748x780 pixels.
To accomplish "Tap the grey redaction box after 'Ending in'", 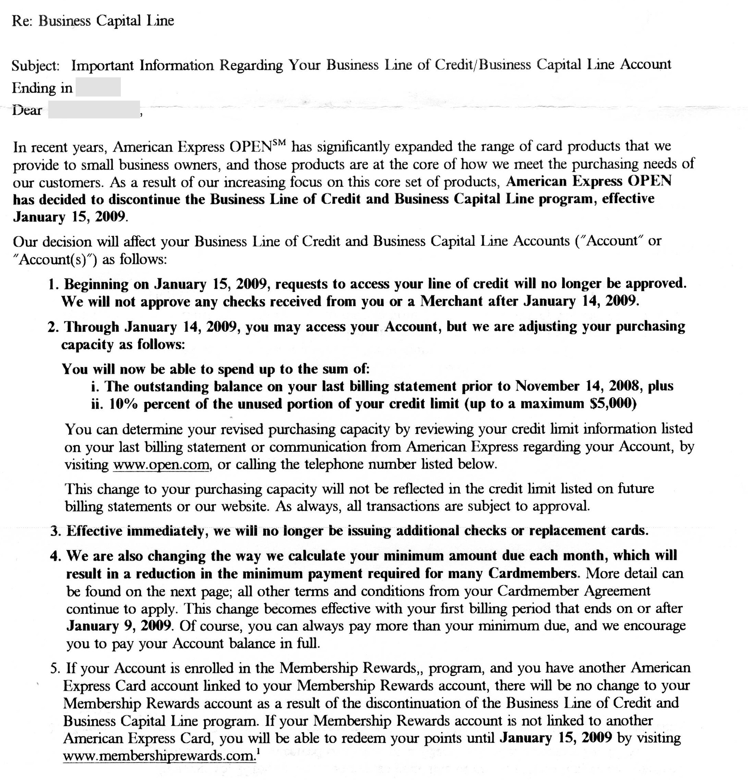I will point(98,87).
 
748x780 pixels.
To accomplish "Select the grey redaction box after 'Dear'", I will point(94,110).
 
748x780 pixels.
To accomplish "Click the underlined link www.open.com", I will point(161,465).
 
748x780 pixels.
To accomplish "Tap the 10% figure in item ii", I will point(123,404).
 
